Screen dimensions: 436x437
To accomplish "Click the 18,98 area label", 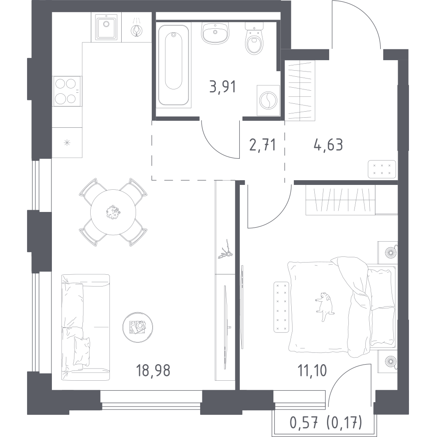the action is click(x=153, y=371).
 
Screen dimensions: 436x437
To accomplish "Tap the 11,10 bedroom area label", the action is click(x=312, y=371).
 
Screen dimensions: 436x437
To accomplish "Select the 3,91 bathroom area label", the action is click(x=223, y=87).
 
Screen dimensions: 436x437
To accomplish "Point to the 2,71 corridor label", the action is click(x=263, y=145).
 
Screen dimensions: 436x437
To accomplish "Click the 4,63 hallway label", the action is click(x=328, y=145).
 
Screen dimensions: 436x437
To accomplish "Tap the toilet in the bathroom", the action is click(x=254, y=39).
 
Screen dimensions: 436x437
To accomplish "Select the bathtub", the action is click(x=174, y=65).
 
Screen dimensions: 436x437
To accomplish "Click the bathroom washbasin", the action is click(x=215, y=33).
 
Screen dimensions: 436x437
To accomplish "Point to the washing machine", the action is click(x=268, y=100).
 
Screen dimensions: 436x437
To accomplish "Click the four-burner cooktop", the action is click(x=67, y=91).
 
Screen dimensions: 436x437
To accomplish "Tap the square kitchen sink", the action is click(x=106, y=27).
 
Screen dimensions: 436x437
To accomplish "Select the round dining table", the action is click(x=113, y=212).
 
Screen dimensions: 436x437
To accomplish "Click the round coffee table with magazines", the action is click(x=138, y=327).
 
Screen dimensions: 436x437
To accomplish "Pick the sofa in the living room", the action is click(x=85, y=327).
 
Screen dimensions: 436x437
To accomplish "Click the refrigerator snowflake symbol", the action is click(x=67, y=143).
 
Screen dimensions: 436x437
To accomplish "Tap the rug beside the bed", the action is click(x=281, y=307).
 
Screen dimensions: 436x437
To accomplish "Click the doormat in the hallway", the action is click(x=381, y=169).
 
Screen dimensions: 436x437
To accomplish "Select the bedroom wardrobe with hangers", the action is click(x=341, y=200).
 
